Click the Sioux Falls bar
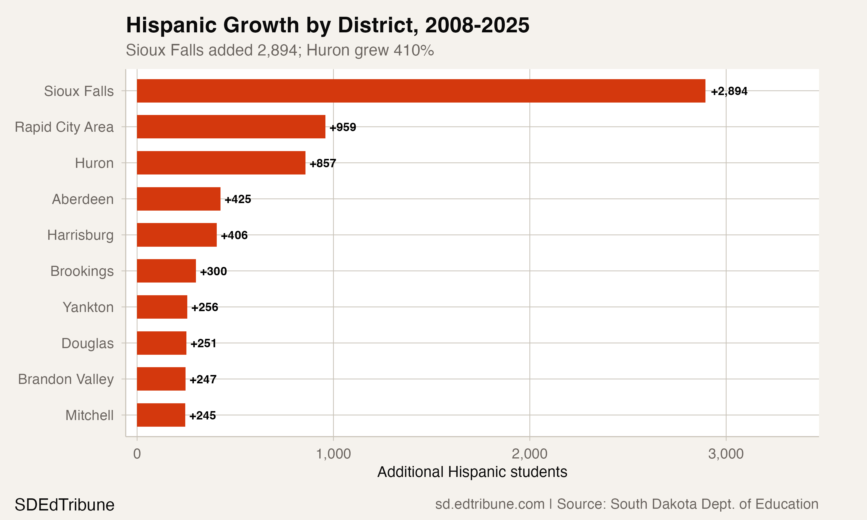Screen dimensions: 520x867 tap(420, 91)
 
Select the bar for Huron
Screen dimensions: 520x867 tap(221, 163)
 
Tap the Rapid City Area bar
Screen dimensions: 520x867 tap(231, 127)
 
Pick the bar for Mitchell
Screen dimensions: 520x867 tap(161, 415)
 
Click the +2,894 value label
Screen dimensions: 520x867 tap(729, 91)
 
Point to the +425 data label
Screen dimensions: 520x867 tap(238, 199)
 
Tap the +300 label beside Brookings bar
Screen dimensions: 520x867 tap(213, 271)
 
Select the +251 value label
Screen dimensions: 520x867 tap(203, 343)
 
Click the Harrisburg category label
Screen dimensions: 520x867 tap(80, 235)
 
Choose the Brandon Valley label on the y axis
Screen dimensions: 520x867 tap(66, 379)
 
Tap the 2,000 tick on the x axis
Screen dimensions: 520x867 tap(529, 454)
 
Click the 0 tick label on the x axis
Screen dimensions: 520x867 tap(137, 454)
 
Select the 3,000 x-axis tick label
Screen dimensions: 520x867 tap(726, 454)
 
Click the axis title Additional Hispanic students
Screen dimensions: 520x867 tap(472, 472)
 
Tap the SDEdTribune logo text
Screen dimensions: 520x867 tap(64, 505)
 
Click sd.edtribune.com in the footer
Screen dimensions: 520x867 tap(490, 504)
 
